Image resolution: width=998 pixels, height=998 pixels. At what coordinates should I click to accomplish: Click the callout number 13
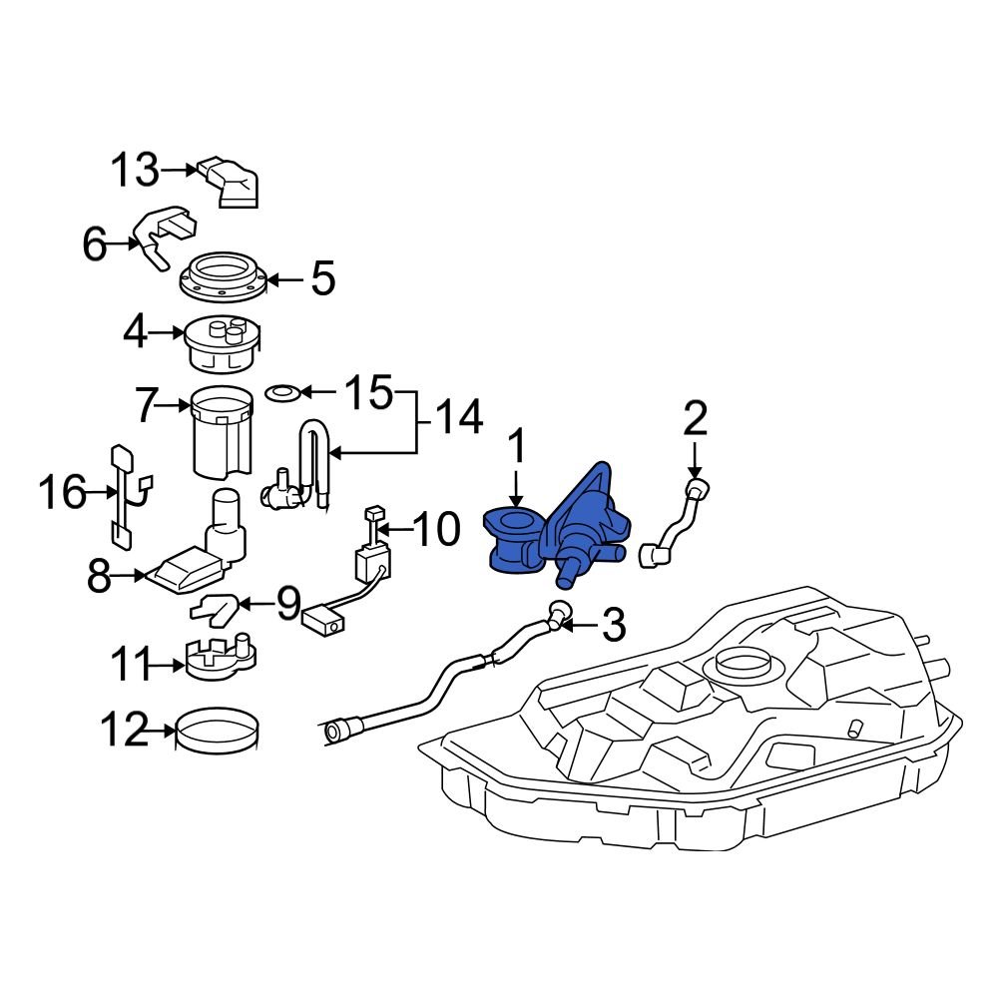coord(134,171)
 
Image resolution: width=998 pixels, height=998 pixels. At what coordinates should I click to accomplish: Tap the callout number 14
coord(457,416)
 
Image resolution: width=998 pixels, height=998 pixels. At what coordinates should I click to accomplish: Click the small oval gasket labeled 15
coord(283,391)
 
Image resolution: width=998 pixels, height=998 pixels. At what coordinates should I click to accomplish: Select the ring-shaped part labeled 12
coord(219,732)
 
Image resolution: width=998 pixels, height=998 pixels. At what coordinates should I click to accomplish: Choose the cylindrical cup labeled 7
coord(222,433)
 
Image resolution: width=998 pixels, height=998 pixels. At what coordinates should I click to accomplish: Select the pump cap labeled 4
coord(224,342)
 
